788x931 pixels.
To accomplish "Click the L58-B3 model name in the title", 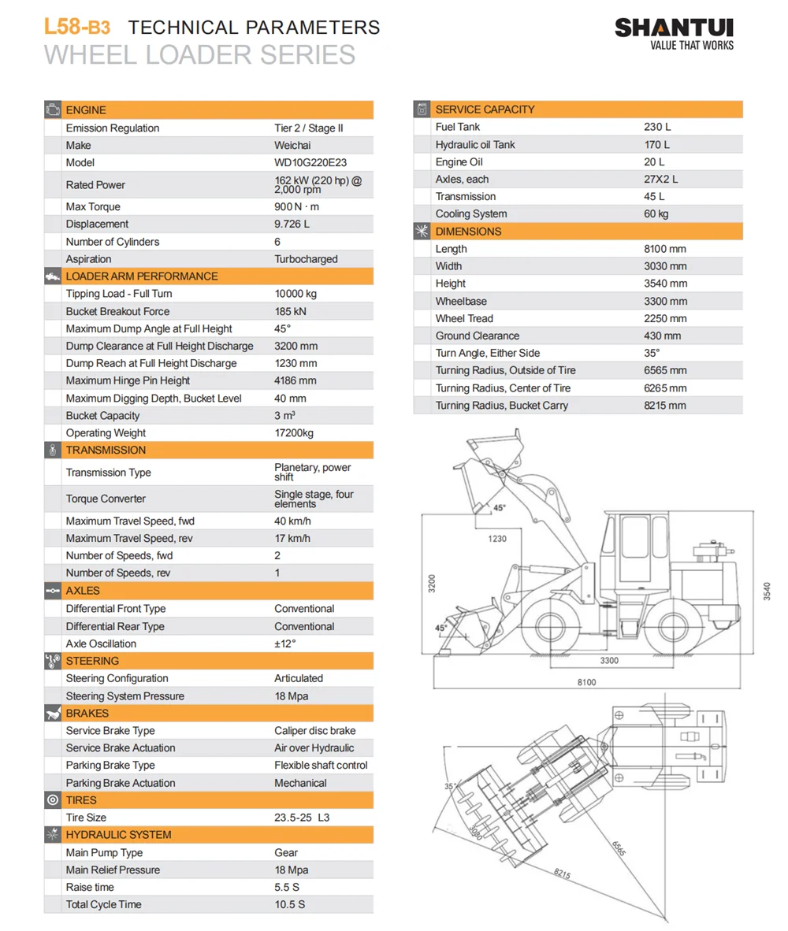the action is click(x=76, y=27).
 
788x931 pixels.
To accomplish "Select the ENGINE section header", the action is click(x=86, y=110).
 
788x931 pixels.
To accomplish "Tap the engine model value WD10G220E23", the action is click(x=310, y=163).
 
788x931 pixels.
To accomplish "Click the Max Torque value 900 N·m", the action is click(x=297, y=207).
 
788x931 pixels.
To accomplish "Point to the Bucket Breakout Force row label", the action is click(x=117, y=311).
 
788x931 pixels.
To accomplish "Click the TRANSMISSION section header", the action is click(x=106, y=451).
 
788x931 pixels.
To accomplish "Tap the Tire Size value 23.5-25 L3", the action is click(x=302, y=818).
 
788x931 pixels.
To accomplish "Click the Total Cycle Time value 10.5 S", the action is click(x=289, y=904).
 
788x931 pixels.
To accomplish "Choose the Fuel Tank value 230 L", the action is click(x=657, y=127).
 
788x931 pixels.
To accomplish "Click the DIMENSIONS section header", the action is click(x=468, y=232).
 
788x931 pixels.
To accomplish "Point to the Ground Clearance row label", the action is click(x=478, y=336).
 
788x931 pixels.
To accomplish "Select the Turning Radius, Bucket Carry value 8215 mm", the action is click(x=665, y=406).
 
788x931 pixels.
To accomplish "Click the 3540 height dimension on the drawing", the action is click(x=767, y=591).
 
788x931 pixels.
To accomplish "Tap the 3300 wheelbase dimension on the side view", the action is click(x=609, y=660).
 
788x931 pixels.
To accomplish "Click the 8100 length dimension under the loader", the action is click(x=586, y=682).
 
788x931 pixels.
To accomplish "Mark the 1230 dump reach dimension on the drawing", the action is click(x=497, y=539).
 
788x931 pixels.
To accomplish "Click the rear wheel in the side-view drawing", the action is click(x=675, y=625).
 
